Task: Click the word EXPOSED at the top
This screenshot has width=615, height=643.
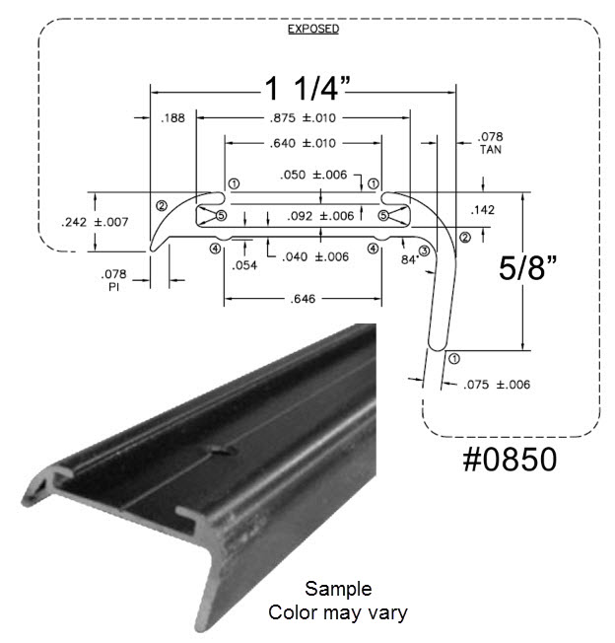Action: click(x=313, y=29)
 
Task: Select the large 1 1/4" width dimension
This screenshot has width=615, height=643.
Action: click(x=307, y=90)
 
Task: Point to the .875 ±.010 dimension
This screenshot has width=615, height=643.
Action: click(x=304, y=119)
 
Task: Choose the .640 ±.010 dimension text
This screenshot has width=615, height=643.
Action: click(x=304, y=144)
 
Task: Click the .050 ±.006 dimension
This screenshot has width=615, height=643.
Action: click(x=313, y=175)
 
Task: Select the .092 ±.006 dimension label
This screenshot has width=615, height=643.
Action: click(x=320, y=216)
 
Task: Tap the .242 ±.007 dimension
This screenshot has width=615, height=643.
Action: click(x=95, y=222)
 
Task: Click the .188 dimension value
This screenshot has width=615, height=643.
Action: click(x=171, y=119)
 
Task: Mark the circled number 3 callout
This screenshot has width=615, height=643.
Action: click(x=424, y=251)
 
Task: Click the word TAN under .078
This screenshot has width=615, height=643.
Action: click(x=490, y=151)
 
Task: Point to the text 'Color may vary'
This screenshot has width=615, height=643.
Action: click(x=338, y=612)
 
